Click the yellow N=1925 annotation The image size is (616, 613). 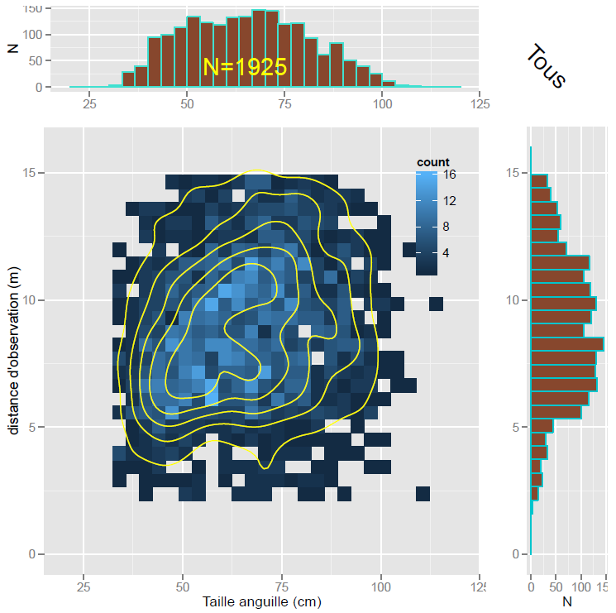[x=245, y=68]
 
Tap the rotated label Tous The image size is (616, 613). [x=547, y=66]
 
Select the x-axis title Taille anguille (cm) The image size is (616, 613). [x=262, y=602]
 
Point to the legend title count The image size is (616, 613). [x=432, y=162]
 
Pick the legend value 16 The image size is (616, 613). [x=450, y=175]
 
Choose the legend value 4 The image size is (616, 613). [x=447, y=251]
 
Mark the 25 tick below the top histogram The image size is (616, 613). [x=89, y=104]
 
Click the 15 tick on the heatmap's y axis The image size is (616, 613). [x=28, y=173]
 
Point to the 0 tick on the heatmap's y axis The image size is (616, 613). [x=31, y=554]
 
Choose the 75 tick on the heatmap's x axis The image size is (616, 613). [x=282, y=587]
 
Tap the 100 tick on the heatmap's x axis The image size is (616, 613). [x=381, y=587]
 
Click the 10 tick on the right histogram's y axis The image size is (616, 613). [x=513, y=300]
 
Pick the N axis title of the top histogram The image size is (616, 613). [x=12, y=48]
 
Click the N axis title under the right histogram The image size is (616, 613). [x=567, y=602]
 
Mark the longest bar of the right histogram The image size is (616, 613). [x=567, y=344]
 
